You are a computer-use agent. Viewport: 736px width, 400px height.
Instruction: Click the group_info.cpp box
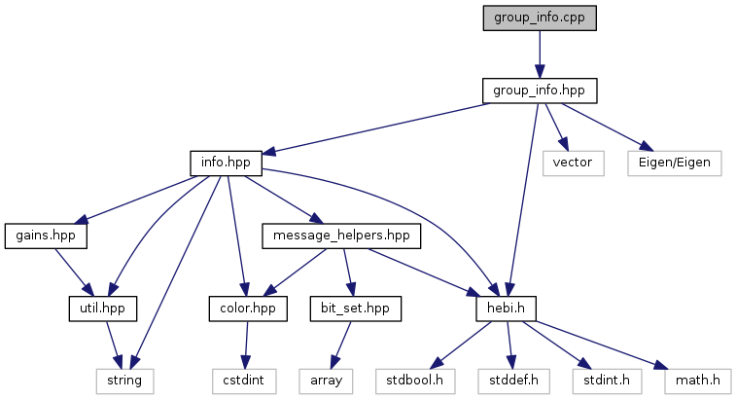(x=540, y=18)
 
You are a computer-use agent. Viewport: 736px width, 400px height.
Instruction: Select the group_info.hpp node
(x=540, y=91)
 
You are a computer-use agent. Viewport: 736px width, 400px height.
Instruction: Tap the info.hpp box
(x=226, y=164)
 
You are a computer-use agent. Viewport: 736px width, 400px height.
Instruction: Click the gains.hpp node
(x=46, y=236)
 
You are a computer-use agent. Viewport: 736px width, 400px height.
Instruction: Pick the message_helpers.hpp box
(x=341, y=236)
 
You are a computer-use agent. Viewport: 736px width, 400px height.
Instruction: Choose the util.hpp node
(x=103, y=309)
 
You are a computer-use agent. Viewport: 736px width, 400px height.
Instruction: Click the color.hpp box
(x=248, y=309)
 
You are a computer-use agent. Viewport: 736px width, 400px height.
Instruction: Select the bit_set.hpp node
(x=355, y=309)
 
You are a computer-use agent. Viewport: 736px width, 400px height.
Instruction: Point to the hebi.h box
(x=506, y=309)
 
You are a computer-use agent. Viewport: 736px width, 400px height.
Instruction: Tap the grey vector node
(x=573, y=164)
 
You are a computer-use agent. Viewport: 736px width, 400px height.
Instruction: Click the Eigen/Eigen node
(x=675, y=164)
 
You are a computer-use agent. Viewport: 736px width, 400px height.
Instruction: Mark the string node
(x=124, y=382)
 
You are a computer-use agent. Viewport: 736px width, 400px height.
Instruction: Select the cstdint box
(x=244, y=382)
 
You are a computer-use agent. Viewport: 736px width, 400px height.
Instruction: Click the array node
(x=327, y=382)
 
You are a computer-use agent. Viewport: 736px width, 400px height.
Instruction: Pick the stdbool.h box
(x=415, y=382)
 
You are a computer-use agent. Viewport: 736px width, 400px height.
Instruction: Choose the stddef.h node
(x=514, y=382)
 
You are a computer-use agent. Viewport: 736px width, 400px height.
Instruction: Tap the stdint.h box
(x=607, y=382)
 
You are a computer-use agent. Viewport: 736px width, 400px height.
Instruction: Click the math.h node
(x=698, y=382)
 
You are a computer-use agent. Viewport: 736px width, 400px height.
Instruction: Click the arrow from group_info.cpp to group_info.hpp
(x=540, y=55)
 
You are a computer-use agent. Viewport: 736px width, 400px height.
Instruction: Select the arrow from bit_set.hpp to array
(x=341, y=345)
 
